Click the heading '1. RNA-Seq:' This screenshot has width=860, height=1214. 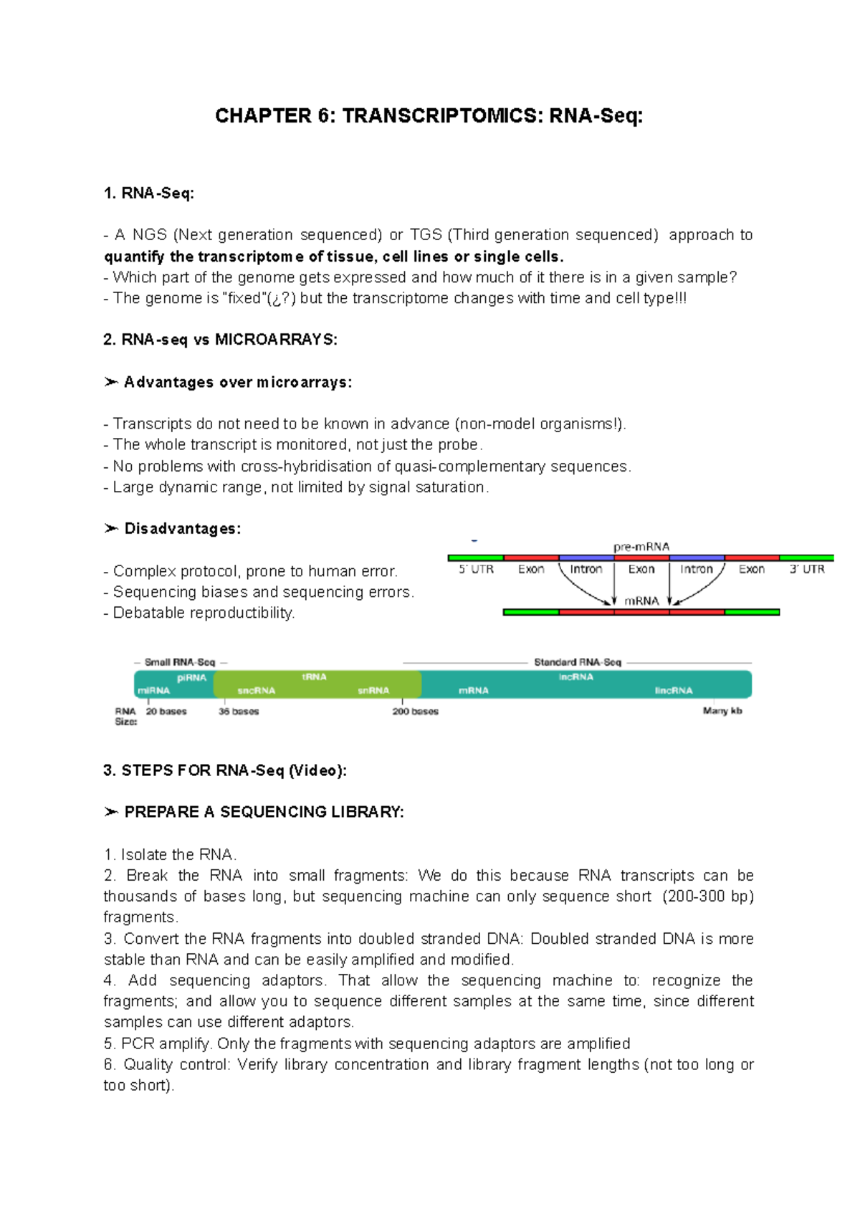pyautogui.click(x=148, y=193)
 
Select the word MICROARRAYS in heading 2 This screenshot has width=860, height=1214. pyautogui.click(x=275, y=340)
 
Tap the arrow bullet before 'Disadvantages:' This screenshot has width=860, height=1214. pyautogui.click(x=110, y=529)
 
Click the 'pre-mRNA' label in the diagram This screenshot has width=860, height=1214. pyautogui.click(x=641, y=547)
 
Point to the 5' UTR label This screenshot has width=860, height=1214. pyautogui.click(x=476, y=569)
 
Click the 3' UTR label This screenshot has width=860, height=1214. pyautogui.click(x=806, y=569)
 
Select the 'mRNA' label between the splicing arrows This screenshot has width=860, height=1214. pyautogui.click(x=641, y=601)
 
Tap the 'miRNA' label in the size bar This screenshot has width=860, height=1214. pyautogui.click(x=153, y=691)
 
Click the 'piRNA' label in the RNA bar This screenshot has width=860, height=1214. pyautogui.click(x=191, y=677)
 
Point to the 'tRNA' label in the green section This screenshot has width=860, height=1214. pyautogui.click(x=314, y=677)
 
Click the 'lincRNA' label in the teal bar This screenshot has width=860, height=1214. pyautogui.click(x=673, y=691)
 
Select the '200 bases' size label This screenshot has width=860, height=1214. pyautogui.click(x=415, y=712)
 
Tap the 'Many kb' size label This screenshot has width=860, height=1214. pyautogui.click(x=722, y=711)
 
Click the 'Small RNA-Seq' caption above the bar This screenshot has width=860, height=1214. pyautogui.click(x=179, y=662)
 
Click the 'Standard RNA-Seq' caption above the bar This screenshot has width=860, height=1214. pyautogui.click(x=577, y=662)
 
